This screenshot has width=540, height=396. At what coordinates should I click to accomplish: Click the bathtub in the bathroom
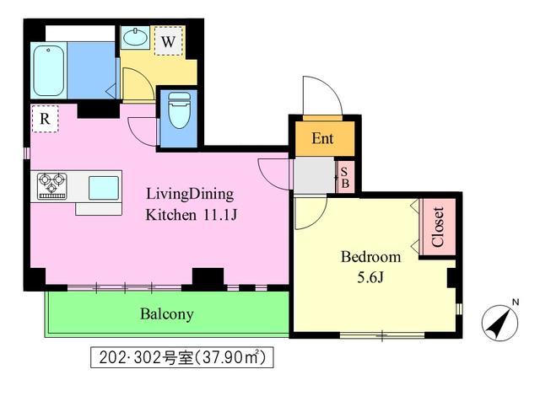point(49,71)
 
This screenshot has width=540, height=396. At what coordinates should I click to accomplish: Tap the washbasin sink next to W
point(135,37)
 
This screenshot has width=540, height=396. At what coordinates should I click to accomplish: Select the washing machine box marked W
point(169,41)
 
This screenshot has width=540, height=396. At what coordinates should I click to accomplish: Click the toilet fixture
point(179,110)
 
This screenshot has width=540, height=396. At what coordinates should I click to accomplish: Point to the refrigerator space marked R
point(45,119)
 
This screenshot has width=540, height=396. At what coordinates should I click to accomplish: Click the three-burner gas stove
point(52,186)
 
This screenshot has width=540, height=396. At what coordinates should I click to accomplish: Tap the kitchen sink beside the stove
point(104,188)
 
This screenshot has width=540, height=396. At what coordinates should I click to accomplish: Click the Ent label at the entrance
point(322,138)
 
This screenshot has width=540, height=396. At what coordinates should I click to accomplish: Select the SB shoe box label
point(345,178)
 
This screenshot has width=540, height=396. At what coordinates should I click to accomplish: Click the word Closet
point(437,227)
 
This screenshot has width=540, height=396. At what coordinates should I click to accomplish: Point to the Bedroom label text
point(370,257)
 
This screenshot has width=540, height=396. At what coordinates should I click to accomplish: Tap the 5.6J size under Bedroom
point(370,277)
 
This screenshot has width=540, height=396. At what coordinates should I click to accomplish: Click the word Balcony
point(167,314)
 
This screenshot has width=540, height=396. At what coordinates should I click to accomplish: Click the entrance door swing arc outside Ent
point(328,85)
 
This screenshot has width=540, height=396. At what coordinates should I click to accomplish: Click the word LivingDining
point(190,195)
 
